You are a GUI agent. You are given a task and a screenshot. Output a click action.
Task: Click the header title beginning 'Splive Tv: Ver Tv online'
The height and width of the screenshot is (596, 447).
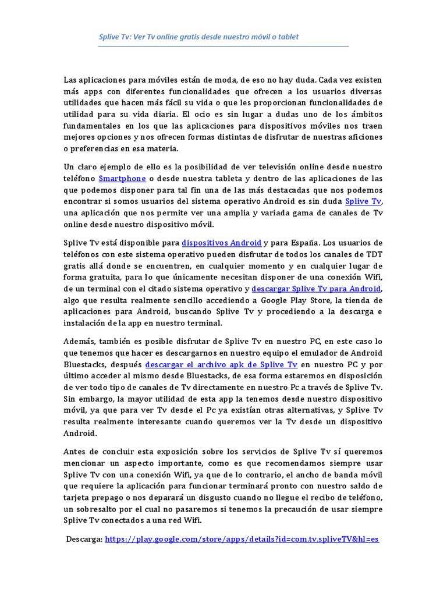click(198, 37)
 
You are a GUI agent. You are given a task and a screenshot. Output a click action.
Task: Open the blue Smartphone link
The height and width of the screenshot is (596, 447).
click(122, 178)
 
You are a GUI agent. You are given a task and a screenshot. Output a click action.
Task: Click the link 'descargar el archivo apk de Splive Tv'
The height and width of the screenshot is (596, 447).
click(221, 364)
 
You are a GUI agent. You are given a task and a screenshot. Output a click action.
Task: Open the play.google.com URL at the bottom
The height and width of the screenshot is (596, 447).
click(242, 540)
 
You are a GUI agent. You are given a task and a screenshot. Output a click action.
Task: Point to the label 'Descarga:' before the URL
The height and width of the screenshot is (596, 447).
click(85, 540)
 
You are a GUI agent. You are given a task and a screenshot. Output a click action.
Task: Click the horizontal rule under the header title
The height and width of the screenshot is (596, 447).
click(223, 46)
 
